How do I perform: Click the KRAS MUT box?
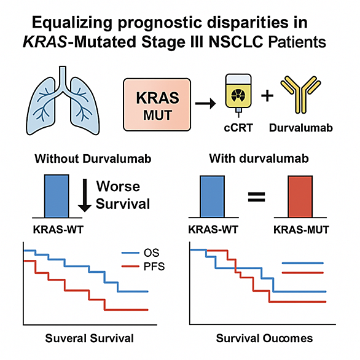[x=157, y=104]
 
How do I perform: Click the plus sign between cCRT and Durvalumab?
[x=267, y=95]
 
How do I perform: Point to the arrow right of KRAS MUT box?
[x=205, y=104]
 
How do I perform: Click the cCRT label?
[x=238, y=128]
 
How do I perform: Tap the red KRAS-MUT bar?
[x=300, y=197]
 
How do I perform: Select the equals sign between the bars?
[x=256, y=197]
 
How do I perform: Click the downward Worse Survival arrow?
[x=85, y=195]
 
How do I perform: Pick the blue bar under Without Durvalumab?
[x=57, y=196]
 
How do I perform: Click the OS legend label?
[x=152, y=252]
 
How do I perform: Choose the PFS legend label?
[x=154, y=267]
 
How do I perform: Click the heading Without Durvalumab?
[x=93, y=158]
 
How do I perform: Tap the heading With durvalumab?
[x=259, y=158]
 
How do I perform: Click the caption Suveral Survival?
[x=89, y=338]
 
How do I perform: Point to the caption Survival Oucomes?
[x=265, y=338]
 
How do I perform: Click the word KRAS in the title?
[x=45, y=42]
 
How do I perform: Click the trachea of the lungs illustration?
[x=63, y=78]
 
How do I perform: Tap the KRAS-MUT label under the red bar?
[x=301, y=230]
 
